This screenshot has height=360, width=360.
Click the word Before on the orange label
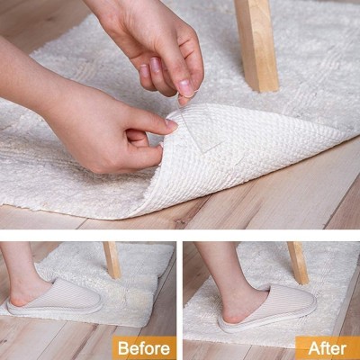(x=144, y=348)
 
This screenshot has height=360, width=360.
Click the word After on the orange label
(x=328, y=348)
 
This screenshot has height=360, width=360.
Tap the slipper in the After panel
(x=267, y=308)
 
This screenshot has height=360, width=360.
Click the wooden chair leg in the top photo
(x=256, y=45)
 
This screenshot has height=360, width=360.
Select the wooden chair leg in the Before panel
(x=112, y=260)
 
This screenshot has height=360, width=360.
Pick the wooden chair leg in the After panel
(x=298, y=263)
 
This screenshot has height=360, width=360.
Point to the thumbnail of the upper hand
(x=186, y=87)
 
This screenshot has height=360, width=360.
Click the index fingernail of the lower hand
(x=171, y=125)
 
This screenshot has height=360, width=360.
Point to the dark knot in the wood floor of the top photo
(x=180, y=222)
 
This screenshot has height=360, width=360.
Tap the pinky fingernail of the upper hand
(x=144, y=70)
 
